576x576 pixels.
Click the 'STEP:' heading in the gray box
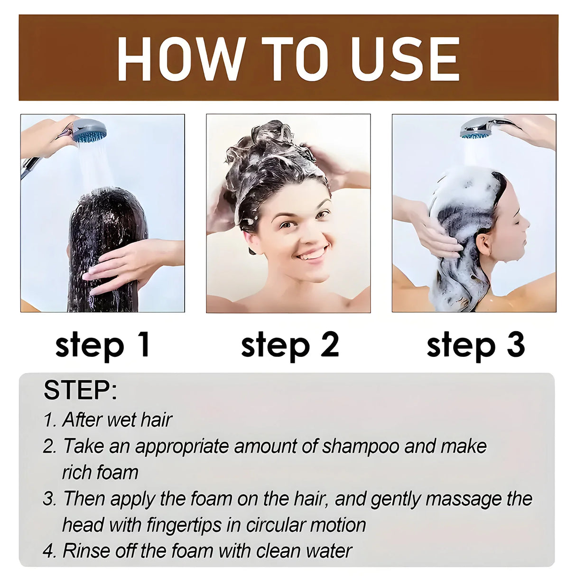pyautogui.click(x=80, y=390)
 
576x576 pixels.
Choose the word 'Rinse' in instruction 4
pyautogui.click(x=85, y=551)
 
